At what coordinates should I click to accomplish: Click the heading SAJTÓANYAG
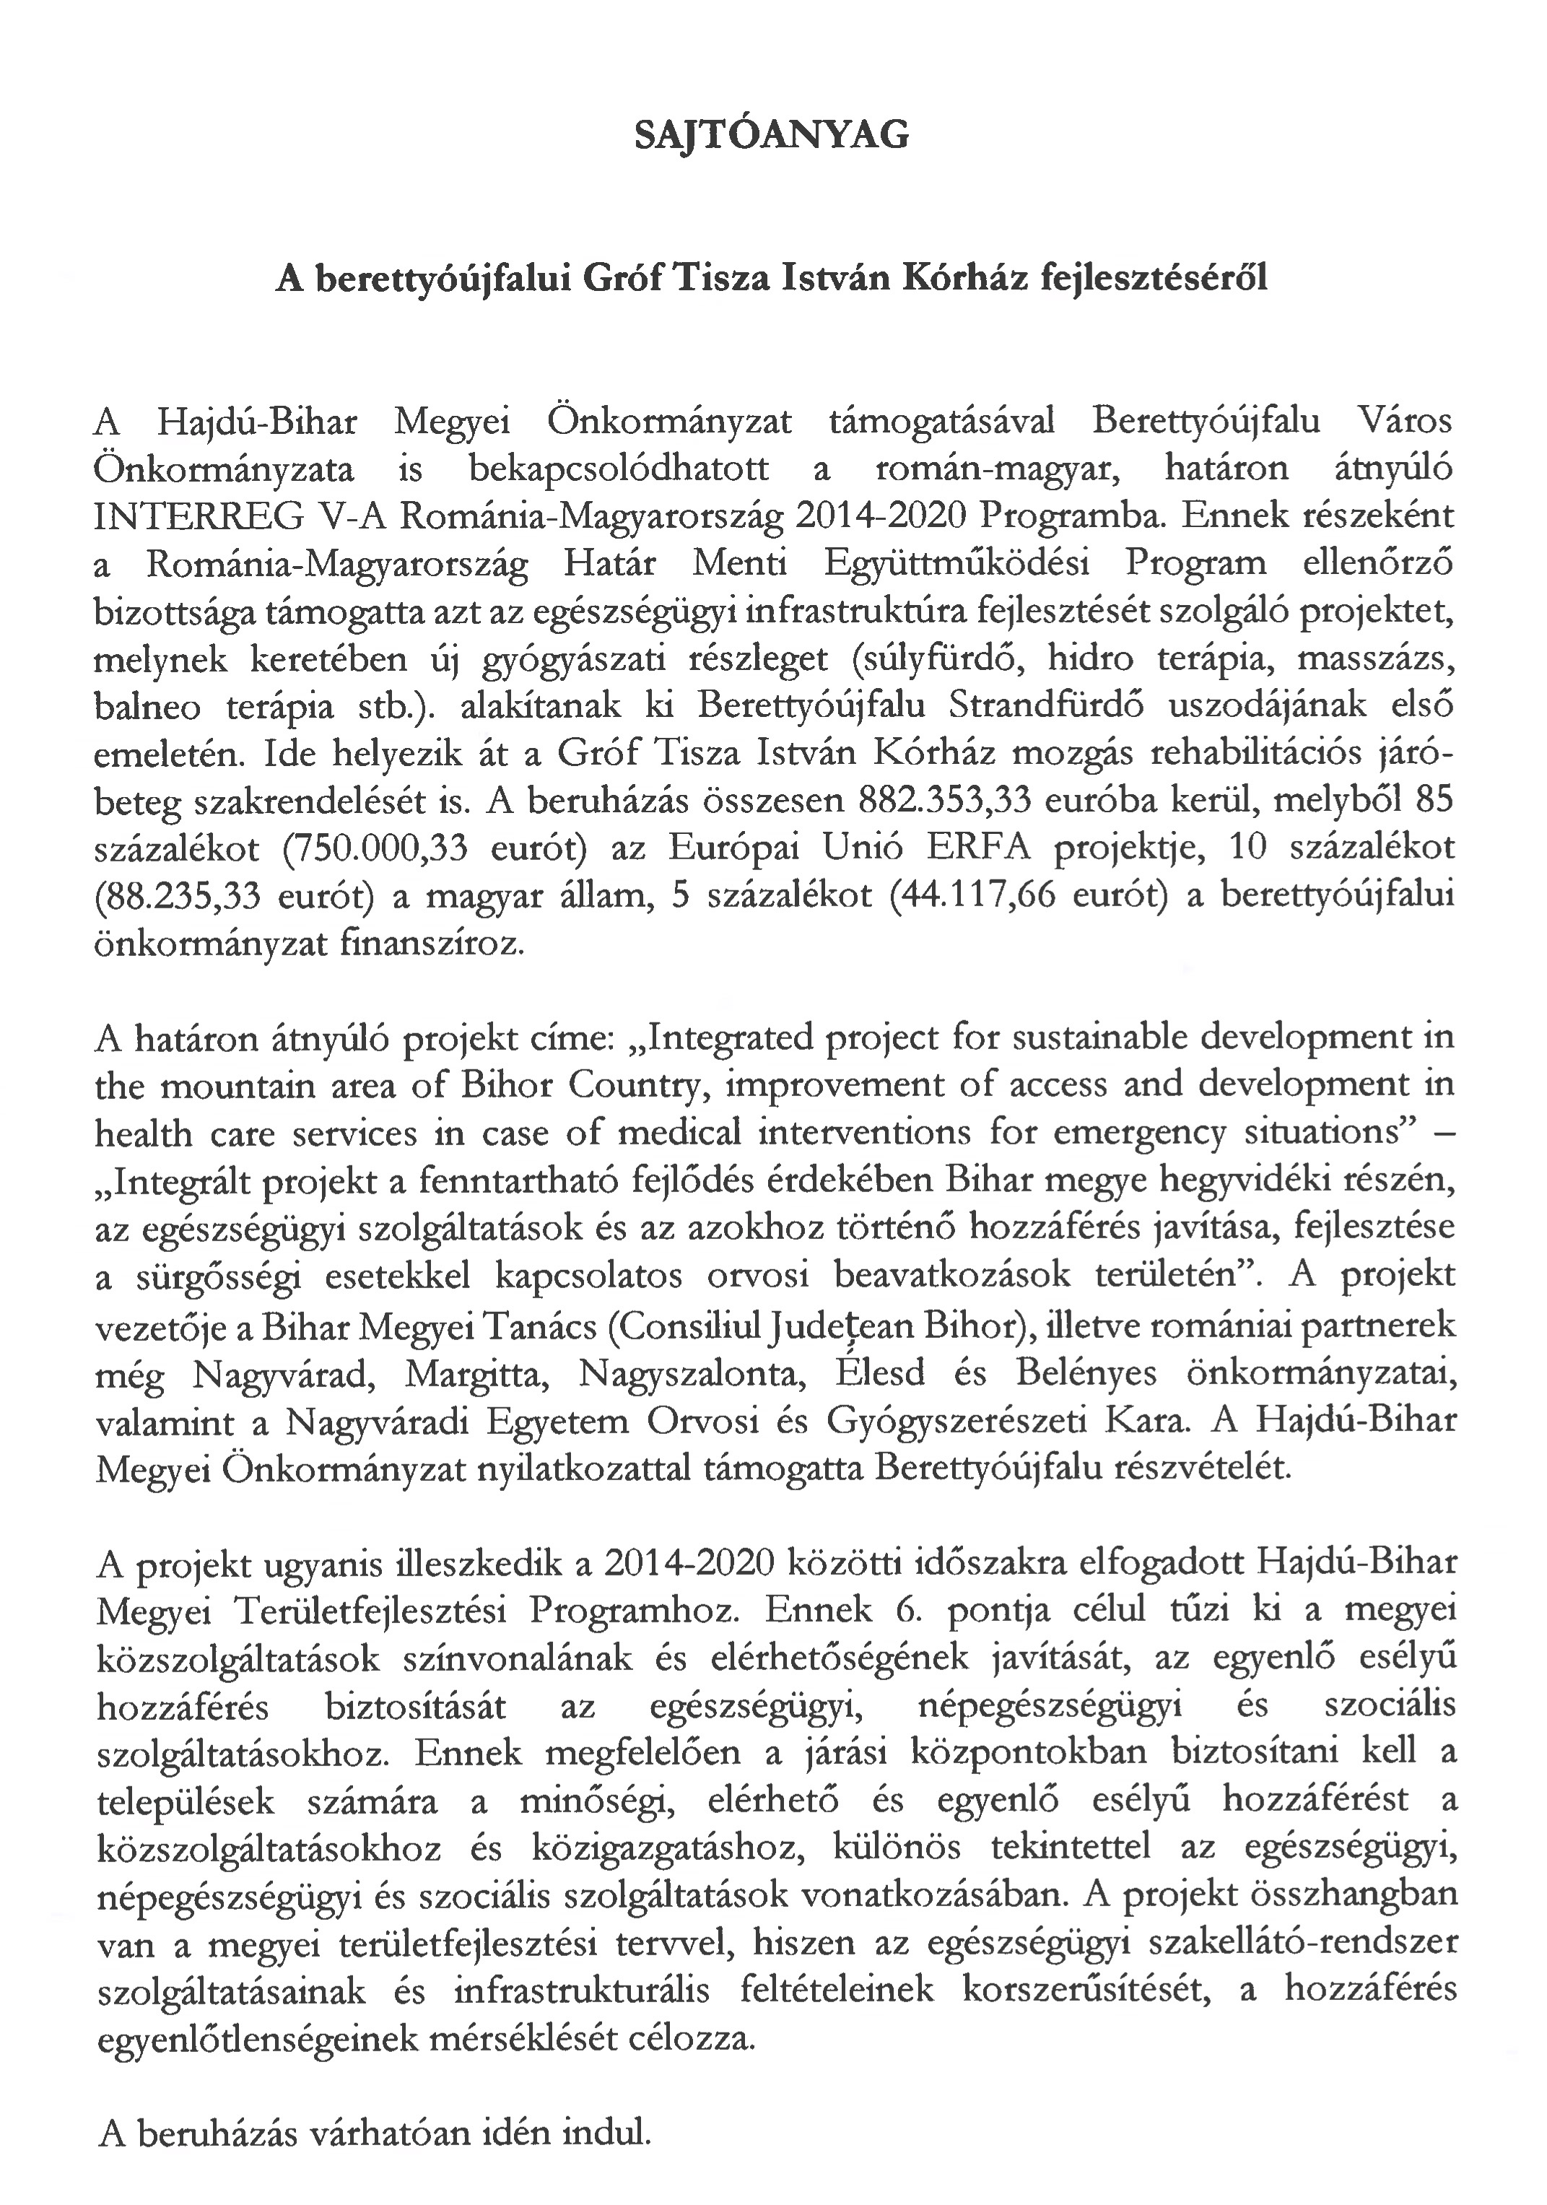click(x=772, y=136)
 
